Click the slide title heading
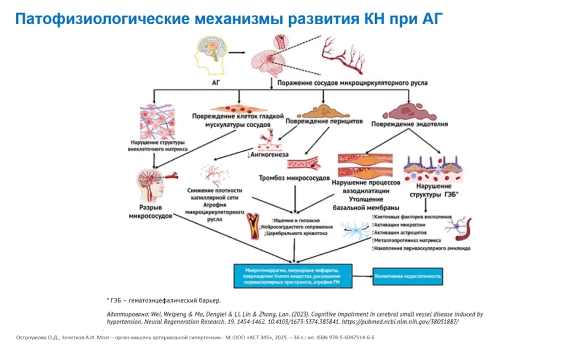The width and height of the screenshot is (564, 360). [x=229, y=19]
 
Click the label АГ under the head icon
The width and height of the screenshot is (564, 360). [x=217, y=83]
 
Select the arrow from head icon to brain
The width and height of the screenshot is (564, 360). [x=238, y=53]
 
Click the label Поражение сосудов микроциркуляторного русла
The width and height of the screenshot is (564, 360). [x=353, y=83]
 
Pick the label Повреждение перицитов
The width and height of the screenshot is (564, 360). [x=323, y=121]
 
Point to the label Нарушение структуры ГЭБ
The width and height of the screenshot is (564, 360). [x=434, y=191]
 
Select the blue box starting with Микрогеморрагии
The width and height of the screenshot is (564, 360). [x=291, y=275]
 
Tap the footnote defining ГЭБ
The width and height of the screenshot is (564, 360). [x=164, y=300]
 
